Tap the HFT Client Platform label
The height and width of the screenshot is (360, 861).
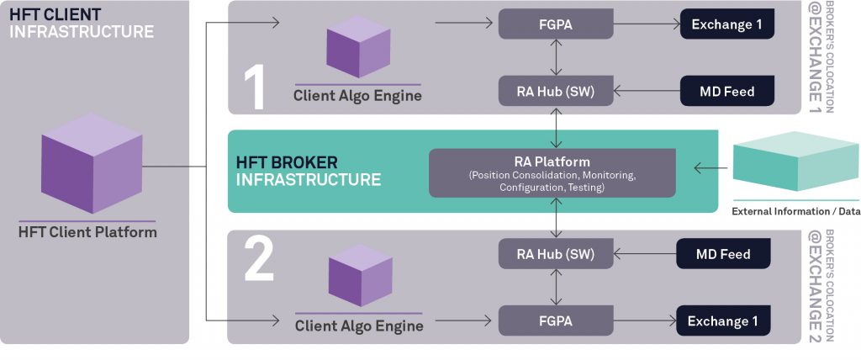tap(87, 231)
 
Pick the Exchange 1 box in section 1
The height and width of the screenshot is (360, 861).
tap(726, 24)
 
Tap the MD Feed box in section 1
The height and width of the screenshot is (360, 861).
tap(726, 91)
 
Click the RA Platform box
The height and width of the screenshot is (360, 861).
tap(552, 173)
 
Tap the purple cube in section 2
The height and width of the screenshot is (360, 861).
tap(359, 277)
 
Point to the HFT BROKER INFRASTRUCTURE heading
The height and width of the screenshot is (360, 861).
tap(308, 171)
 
